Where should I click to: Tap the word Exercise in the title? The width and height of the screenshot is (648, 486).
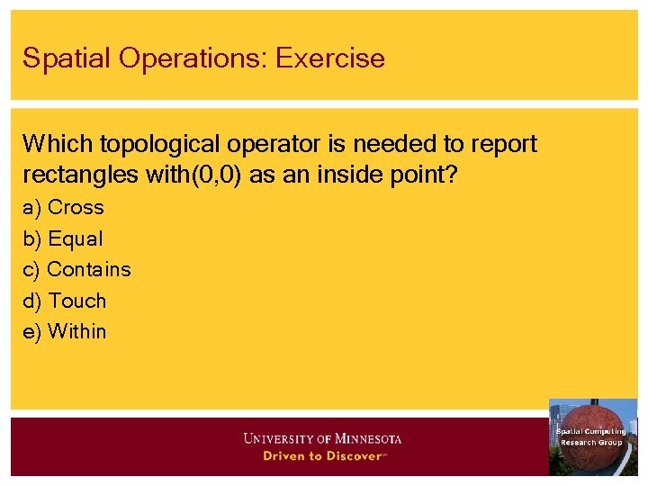tap(330, 58)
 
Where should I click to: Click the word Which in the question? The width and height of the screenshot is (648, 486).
tap(57, 144)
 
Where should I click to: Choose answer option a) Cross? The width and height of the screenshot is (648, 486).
tap(63, 208)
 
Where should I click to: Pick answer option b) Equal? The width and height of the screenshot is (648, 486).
tap(63, 239)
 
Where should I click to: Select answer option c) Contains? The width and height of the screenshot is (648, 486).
tap(76, 270)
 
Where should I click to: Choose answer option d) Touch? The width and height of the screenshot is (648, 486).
tap(65, 301)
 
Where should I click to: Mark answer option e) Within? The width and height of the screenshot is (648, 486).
tap(65, 331)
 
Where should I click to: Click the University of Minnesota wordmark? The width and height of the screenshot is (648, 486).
tap(322, 439)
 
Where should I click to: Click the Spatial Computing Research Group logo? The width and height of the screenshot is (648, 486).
tap(592, 436)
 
